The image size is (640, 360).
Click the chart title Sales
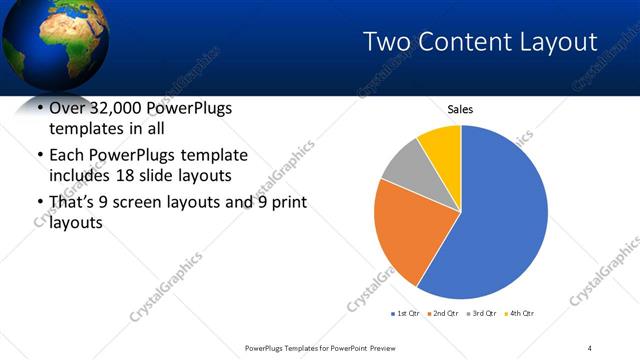tap(460, 109)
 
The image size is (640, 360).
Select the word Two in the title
tap(384, 41)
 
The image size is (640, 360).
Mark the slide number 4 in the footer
tap(591, 347)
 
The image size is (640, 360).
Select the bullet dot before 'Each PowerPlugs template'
tap(39, 156)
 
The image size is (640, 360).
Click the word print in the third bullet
tap(286, 203)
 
